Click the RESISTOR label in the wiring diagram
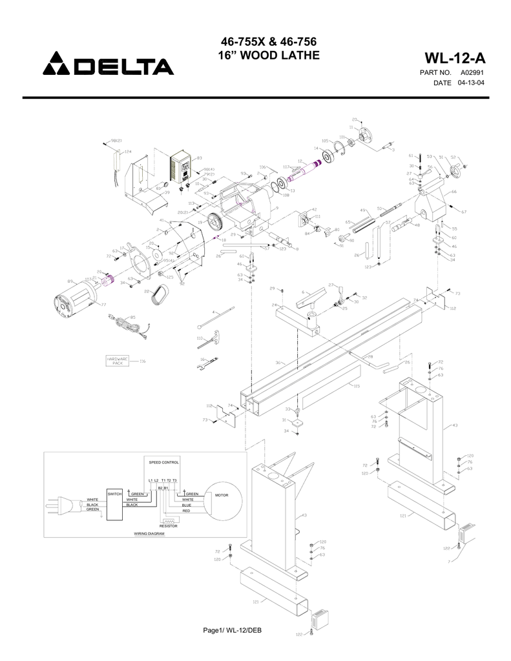(x=169, y=527)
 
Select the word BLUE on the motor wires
(x=186, y=505)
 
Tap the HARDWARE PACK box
(x=118, y=360)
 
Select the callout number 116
(x=142, y=361)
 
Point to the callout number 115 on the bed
(x=356, y=386)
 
